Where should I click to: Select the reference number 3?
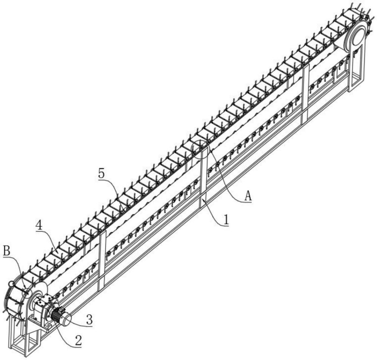[89, 320]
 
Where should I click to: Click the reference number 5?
[101, 173]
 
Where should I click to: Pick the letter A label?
[248, 196]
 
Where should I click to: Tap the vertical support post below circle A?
[203, 178]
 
